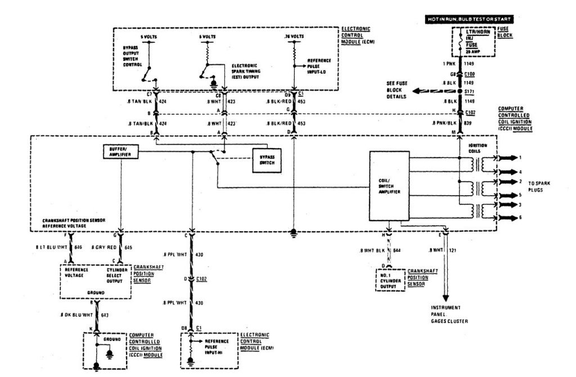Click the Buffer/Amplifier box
pos(121,152)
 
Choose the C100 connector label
pos(469,74)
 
